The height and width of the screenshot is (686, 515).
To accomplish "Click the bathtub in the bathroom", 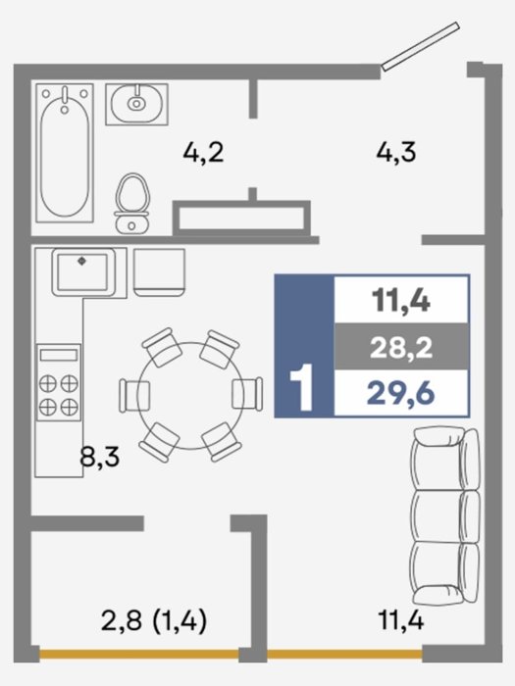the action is pyautogui.click(x=65, y=153).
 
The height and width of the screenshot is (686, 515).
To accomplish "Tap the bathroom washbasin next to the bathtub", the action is pyautogui.click(x=136, y=104).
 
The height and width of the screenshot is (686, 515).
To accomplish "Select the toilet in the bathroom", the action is pyautogui.click(x=132, y=203).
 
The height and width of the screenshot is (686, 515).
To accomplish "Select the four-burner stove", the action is pyautogui.click(x=59, y=382).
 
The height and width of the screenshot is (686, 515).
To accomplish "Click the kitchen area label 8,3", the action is pyautogui.click(x=100, y=458).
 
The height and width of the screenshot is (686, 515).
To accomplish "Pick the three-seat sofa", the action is pyautogui.click(x=445, y=516).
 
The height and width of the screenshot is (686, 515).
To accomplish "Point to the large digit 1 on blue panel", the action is pyautogui.click(x=302, y=388).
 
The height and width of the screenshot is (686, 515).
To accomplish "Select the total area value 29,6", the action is pyautogui.click(x=400, y=393).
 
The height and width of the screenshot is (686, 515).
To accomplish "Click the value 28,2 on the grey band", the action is pyautogui.click(x=401, y=348).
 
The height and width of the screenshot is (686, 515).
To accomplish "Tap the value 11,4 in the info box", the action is pyautogui.click(x=400, y=302).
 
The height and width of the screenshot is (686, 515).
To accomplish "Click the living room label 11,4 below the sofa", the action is pyautogui.click(x=400, y=620).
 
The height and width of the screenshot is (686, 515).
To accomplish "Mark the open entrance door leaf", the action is pyautogui.click(x=421, y=46).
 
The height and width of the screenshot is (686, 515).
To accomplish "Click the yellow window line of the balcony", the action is pyautogui.click(x=139, y=655).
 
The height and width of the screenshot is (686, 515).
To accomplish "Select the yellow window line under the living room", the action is pyautogui.click(x=344, y=655).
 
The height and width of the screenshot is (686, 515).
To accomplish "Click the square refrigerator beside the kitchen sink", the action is pyautogui.click(x=159, y=272).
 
